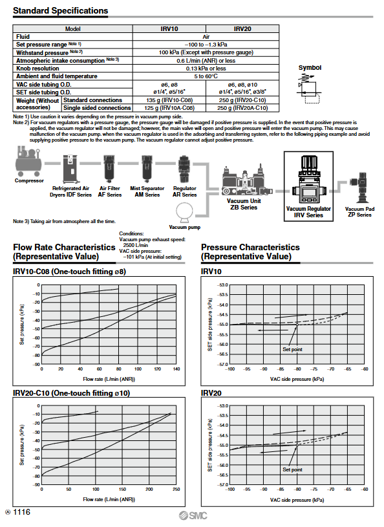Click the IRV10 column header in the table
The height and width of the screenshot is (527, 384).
[169, 29]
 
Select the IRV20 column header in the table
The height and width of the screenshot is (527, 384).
[242, 29]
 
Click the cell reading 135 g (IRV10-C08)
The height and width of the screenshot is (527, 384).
[169, 100]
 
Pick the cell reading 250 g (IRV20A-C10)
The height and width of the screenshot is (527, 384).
[242, 108]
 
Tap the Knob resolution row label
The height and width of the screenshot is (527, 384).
[37, 69]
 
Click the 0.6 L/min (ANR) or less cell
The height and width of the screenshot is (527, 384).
[206, 61]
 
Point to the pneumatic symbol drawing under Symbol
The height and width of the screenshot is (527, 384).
[308, 89]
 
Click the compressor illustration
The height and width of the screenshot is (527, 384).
[29, 161]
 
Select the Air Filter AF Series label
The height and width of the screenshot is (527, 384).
[109, 191]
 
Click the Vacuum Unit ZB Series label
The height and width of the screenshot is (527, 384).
[244, 204]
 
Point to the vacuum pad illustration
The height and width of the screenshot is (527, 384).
[359, 188]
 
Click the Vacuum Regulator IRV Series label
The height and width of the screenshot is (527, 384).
[308, 211]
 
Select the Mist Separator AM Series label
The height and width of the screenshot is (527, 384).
[147, 191]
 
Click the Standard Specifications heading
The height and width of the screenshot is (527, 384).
[61, 11]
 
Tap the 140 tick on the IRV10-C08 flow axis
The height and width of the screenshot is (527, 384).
[176, 369]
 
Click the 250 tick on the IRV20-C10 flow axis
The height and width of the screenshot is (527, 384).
[176, 489]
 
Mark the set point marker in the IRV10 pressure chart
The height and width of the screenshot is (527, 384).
[297, 325]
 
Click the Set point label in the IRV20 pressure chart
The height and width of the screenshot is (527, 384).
[292, 469]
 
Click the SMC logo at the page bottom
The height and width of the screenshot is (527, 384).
[193, 515]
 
